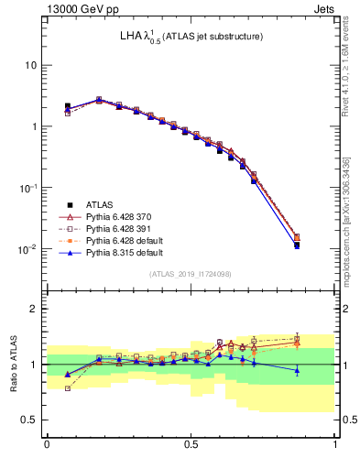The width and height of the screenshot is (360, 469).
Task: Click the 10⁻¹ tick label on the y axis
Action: tap(29, 187)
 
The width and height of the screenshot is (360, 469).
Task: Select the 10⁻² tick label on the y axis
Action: tap(29, 248)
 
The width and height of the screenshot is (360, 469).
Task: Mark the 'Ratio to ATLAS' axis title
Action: tap(13, 364)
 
